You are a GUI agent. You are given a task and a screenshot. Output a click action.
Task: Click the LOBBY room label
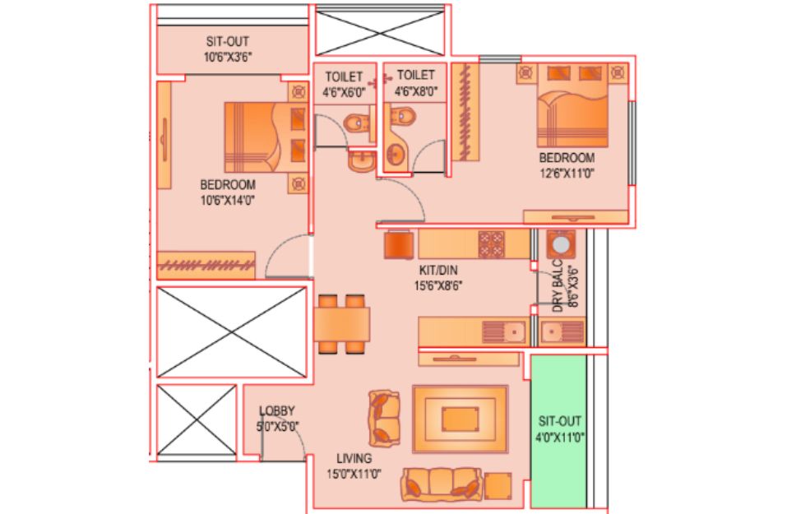click(x=276, y=411)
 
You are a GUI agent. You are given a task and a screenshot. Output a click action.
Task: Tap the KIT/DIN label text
click(x=438, y=271)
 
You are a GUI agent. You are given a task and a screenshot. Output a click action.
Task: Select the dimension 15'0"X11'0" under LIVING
click(x=354, y=474)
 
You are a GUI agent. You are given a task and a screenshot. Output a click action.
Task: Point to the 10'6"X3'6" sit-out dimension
click(x=227, y=58)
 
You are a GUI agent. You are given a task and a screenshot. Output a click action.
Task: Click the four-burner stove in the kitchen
click(x=492, y=244)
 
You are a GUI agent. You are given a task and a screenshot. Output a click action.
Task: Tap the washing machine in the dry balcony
click(x=561, y=244)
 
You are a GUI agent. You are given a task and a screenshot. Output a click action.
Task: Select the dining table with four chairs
click(x=342, y=324)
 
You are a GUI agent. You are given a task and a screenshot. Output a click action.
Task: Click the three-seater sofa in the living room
click(x=442, y=484)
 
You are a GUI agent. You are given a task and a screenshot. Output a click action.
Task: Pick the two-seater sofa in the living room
click(x=385, y=419)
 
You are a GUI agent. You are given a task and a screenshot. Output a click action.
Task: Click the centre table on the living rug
click(x=461, y=419)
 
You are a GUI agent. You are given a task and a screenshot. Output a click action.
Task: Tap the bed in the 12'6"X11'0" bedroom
click(x=572, y=105)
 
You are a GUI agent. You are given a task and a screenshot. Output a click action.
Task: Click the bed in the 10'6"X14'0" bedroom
click(x=266, y=137)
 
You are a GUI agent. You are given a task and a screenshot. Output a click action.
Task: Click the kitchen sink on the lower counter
click(x=504, y=331)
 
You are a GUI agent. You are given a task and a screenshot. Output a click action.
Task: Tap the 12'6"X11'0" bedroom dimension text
click(x=567, y=174)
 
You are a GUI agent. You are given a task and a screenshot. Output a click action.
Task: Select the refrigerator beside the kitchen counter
click(x=399, y=244)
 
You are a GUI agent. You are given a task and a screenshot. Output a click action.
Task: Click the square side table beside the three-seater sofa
click(x=498, y=486)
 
